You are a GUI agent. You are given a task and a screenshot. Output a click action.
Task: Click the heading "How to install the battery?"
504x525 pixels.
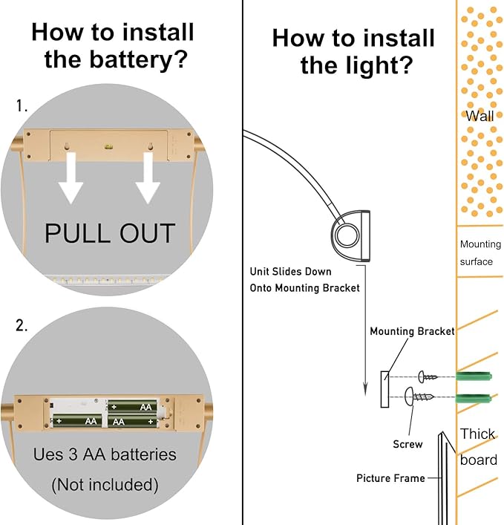[x=113, y=45]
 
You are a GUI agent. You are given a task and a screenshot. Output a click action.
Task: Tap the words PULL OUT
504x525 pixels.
[x=110, y=232]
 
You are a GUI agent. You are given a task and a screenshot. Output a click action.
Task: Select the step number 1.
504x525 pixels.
[x=22, y=106]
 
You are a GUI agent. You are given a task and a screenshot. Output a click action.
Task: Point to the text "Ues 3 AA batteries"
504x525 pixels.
[x=105, y=454]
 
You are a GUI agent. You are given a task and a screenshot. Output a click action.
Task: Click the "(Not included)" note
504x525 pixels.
[x=105, y=485]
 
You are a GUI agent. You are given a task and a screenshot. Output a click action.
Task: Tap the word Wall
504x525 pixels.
[x=480, y=116]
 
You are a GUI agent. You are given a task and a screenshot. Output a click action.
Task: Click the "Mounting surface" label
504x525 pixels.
[x=480, y=252]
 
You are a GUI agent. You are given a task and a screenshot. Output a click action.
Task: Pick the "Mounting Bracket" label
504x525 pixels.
[x=412, y=331]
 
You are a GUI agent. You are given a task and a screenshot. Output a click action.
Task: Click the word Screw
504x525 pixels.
[x=408, y=444]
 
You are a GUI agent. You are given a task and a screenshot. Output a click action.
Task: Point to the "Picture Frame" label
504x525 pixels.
[x=390, y=478]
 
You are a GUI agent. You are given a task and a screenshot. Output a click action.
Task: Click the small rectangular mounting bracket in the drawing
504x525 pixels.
[x=384, y=389]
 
